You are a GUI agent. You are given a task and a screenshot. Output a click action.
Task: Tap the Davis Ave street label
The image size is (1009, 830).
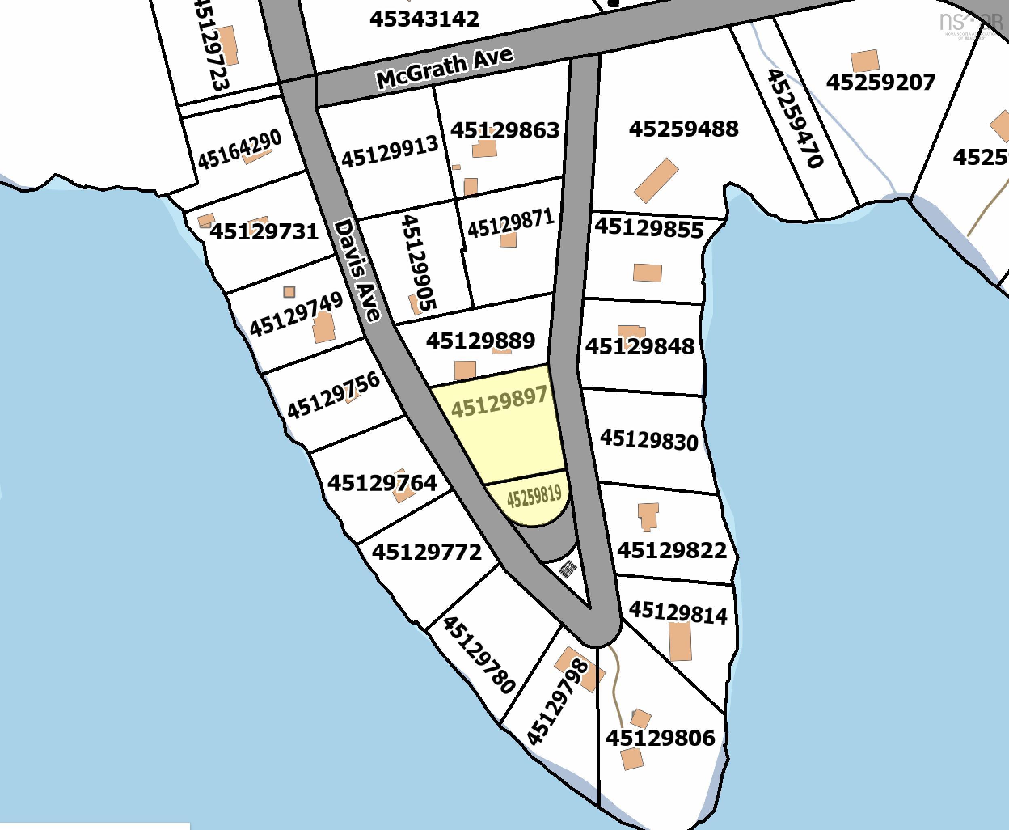coord(358,270)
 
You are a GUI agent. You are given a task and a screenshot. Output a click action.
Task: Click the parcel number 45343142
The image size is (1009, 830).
coord(424,19)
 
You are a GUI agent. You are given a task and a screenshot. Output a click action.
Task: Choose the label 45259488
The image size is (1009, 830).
coord(684,129)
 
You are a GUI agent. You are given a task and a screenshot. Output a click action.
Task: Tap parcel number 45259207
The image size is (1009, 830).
coord(880,82)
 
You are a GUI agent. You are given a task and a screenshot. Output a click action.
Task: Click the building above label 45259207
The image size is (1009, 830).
coord(865,61)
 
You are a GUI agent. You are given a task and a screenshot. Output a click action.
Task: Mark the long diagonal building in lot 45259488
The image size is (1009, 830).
coord(656,180)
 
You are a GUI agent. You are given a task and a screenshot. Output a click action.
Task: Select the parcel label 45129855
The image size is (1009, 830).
coord(649,228)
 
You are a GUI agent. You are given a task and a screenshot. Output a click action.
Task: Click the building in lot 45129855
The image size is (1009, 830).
coord(647,273)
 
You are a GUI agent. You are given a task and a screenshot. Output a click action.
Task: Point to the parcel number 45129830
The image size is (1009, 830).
coord(649,440)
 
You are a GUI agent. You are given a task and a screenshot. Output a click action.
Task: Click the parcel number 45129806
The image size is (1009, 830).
coord(660,738)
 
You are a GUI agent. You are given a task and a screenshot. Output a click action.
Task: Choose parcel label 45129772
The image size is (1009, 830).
coord(426,552)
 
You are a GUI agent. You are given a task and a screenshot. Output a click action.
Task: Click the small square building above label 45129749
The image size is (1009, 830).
coord(289,292)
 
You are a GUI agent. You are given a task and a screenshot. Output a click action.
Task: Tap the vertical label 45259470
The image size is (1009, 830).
coord(795,119)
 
